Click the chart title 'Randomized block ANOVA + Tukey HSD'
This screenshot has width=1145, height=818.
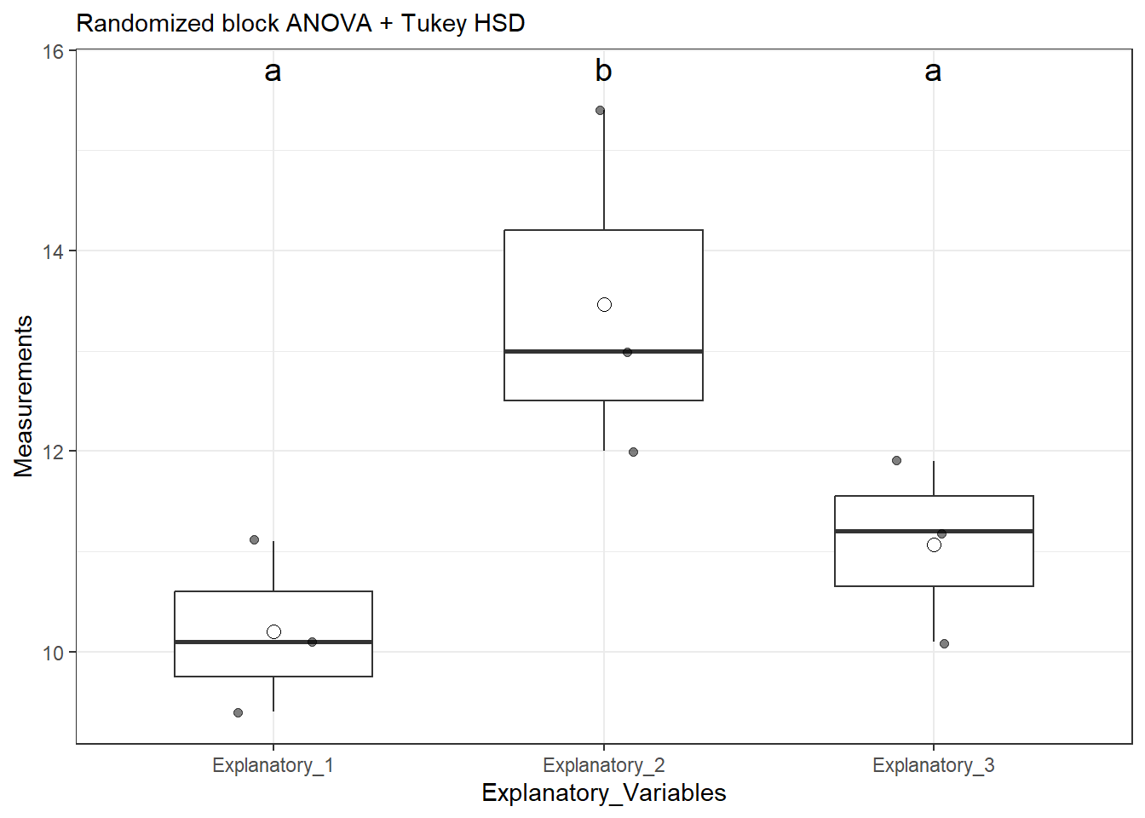(x=300, y=23)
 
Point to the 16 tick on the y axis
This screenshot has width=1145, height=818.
(x=53, y=51)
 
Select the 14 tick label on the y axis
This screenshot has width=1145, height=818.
(x=53, y=251)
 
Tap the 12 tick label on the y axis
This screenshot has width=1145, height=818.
(x=53, y=452)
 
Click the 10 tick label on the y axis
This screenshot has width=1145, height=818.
(x=53, y=653)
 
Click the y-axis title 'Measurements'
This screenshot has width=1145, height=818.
(x=23, y=396)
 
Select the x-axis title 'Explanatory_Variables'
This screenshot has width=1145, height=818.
(x=603, y=792)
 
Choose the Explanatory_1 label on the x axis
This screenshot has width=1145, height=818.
(x=273, y=765)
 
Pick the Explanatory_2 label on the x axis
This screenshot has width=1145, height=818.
(x=603, y=765)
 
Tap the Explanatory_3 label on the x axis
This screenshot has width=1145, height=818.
(x=933, y=765)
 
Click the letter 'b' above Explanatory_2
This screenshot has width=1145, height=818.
(x=603, y=71)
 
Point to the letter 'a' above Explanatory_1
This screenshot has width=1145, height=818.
(x=273, y=72)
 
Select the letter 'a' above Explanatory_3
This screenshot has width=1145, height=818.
(x=933, y=72)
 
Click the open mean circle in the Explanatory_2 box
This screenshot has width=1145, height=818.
(x=604, y=304)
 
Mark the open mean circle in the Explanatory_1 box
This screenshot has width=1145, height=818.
(x=273, y=631)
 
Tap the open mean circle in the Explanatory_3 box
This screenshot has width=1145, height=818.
(x=934, y=544)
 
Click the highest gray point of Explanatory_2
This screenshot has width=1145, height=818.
(x=600, y=110)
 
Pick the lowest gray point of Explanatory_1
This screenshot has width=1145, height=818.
(x=238, y=712)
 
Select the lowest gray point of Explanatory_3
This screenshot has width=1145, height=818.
(x=944, y=643)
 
